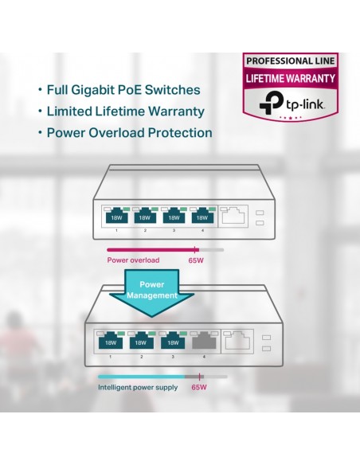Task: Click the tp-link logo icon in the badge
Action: pyautogui.click(x=271, y=102)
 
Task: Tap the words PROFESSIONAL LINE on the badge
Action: pyautogui.click(x=291, y=61)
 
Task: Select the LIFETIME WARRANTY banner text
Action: pyautogui.click(x=291, y=78)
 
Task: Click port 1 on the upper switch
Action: pyautogui.click(x=116, y=215)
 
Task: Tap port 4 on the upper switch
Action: pyautogui.click(x=202, y=215)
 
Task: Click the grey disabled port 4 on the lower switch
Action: pyautogui.click(x=204, y=341)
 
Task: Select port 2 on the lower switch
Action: pyautogui.click(x=142, y=341)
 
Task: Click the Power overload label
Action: pyautogui.click(x=133, y=260)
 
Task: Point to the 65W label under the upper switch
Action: pyautogui.click(x=196, y=260)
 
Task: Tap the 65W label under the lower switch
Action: pyautogui.click(x=199, y=387)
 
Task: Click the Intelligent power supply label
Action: pyautogui.click(x=138, y=387)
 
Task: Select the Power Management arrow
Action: pyautogui.click(x=152, y=293)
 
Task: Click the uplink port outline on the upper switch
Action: pyautogui.click(x=233, y=216)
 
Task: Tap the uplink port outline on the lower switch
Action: pyautogui.click(x=237, y=341)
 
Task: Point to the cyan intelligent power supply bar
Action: pyautogui.click(x=142, y=377)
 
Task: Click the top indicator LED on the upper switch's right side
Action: pyautogui.click(x=260, y=213)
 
